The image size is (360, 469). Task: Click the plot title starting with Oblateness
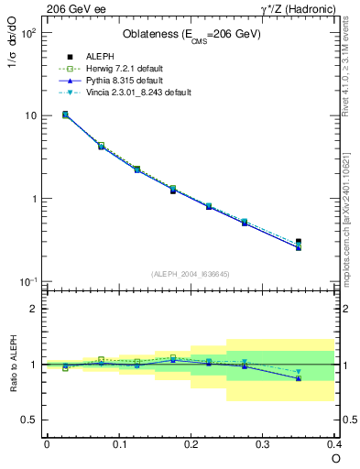click(191, 35)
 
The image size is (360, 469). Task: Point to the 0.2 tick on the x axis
click(191, 444)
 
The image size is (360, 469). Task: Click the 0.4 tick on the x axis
click(333, 444)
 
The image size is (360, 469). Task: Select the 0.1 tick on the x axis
click(118, 444)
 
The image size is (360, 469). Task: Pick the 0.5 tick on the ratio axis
click(28, 420)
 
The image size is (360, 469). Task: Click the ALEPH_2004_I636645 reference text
click(190, 274)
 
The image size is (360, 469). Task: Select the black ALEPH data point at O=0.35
click(298, 242)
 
